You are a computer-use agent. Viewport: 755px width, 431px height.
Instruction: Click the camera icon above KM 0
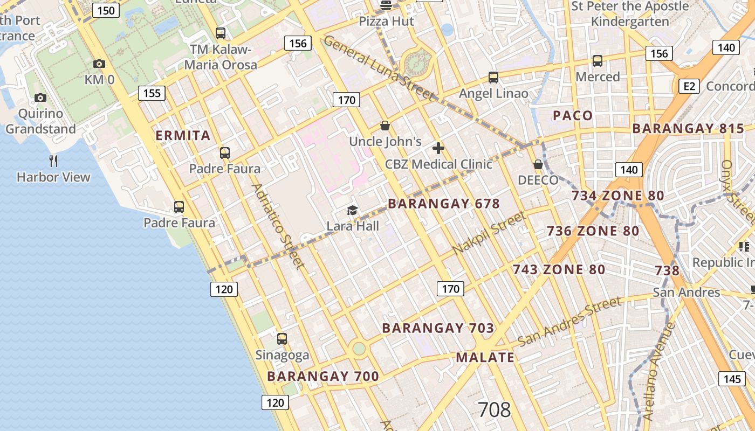coord(99,64)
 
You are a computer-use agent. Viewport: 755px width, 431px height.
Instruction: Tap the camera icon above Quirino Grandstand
coord(40,98)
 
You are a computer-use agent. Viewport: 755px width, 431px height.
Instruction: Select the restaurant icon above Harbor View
coord(53,161)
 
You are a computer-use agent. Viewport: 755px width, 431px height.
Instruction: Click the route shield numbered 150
coord(106,10)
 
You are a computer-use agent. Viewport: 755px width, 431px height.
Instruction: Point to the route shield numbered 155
coord(152,93)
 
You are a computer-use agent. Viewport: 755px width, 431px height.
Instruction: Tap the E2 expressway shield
coord(690,86)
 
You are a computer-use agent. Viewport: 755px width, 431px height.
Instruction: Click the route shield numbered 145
coord(732,379)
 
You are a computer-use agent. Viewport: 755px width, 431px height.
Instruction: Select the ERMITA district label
coord(183,135)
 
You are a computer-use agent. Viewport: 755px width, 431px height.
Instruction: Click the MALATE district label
coord(485,357)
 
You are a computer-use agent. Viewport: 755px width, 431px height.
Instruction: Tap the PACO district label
coord(573,115)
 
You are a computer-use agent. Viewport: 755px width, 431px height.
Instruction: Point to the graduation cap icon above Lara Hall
coord(353,210)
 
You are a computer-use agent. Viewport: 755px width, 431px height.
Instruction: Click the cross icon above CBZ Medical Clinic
coord(438,148)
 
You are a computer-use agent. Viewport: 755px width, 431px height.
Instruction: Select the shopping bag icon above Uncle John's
coord(385,126)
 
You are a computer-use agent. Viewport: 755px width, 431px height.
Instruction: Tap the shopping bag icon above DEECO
coord(538,164)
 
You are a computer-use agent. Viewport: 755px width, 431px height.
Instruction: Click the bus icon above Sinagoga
coord(282,339)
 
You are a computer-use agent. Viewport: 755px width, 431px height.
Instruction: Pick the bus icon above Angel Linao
coord(493,77)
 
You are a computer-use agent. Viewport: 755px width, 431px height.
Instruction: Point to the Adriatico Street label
coord(278,226)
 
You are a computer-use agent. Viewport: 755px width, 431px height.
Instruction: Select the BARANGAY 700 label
coord(323,377)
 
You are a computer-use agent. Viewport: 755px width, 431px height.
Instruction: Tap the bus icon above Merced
coord(598,60)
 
